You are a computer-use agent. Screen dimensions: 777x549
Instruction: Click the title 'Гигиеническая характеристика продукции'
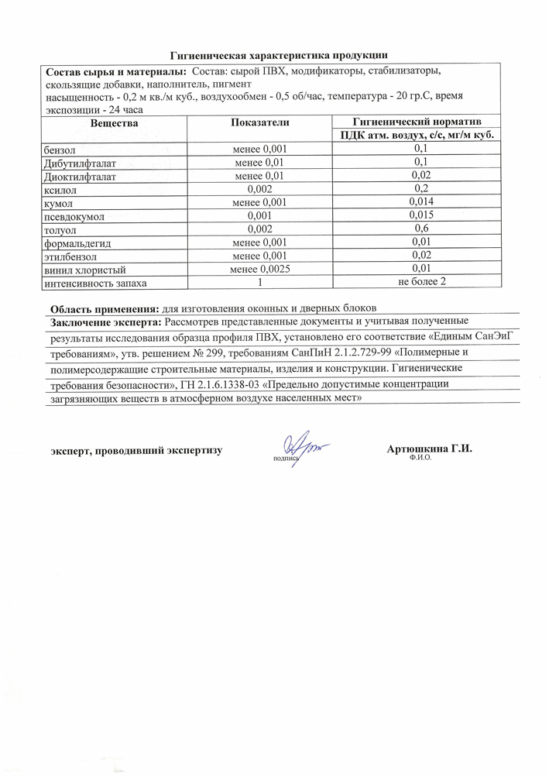pos(278,54)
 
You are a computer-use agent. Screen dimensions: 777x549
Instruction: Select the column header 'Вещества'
pos(114,123)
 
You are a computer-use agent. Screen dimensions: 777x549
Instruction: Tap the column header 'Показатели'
pos(259,123)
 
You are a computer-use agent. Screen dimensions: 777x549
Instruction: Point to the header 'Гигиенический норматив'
pos(417,122)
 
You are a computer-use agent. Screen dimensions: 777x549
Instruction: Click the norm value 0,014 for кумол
pos(421,202)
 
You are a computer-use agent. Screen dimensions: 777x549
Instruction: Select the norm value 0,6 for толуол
pos(421,229)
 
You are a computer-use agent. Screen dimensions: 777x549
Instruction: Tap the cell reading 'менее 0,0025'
pos(259,270)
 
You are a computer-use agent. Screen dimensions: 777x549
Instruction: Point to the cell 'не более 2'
pos(421,283)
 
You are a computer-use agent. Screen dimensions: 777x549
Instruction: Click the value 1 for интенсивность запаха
pos(259,284)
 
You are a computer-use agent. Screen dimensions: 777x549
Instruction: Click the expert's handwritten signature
pos(304,448)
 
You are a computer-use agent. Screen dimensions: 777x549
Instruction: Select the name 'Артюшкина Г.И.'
pos(429,449)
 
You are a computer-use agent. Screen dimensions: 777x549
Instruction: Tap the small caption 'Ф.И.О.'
pos(419,458)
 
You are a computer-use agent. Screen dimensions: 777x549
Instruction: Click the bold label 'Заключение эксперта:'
pos(106,321)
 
